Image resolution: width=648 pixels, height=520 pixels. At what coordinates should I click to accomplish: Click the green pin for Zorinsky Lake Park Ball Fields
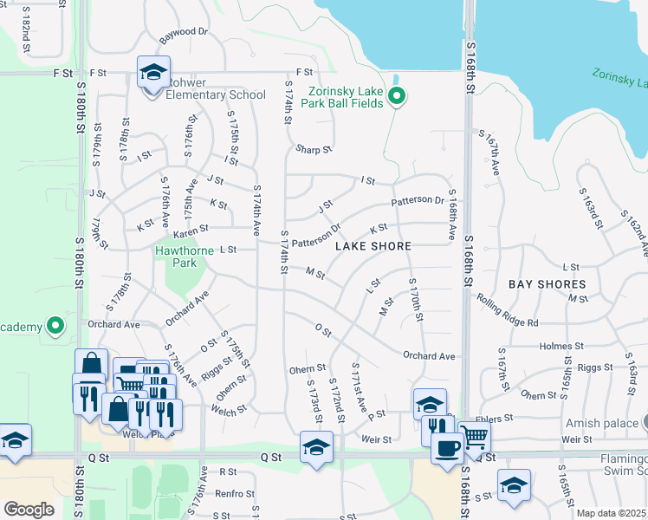(397, 95)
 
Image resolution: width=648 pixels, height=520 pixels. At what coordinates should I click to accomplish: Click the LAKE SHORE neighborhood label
(373, 246)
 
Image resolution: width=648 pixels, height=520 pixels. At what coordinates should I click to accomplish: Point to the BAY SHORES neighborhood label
(547, 284)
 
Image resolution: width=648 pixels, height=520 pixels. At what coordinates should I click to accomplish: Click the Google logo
(29, 510)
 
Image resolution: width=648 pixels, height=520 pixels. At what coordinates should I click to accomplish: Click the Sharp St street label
(314, 149)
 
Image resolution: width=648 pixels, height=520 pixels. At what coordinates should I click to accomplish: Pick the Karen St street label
(191, 230)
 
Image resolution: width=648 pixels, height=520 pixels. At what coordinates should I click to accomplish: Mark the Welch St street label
(229, 411)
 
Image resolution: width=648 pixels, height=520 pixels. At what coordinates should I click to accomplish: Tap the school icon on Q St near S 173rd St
(315, 447)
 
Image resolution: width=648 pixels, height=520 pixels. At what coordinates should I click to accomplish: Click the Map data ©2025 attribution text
(612, 513)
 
